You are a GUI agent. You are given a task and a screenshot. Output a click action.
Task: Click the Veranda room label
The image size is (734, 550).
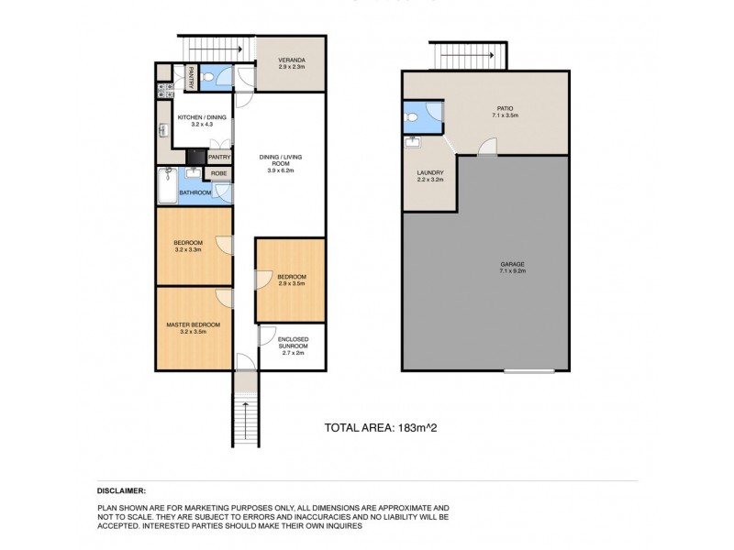[292, 60]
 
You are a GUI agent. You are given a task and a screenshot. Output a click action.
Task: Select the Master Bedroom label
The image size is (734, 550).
[193, 324]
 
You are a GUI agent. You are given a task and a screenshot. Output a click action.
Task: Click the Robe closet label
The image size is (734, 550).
[219, 172]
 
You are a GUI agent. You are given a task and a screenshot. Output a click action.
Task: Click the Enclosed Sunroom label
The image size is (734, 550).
[292, 341]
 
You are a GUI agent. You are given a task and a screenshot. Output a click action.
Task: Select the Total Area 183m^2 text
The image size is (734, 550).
[378, 427]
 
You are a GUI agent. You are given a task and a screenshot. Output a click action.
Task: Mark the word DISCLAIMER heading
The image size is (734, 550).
[121, 491]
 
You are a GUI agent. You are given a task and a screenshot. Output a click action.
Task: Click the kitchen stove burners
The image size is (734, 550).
[161, 90]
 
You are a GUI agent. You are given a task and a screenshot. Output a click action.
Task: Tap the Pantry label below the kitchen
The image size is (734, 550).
[219, 157]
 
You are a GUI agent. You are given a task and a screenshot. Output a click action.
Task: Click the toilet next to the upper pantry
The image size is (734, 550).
[209, 78]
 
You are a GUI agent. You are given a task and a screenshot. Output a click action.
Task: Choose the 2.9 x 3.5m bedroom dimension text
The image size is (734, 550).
[292, 285]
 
